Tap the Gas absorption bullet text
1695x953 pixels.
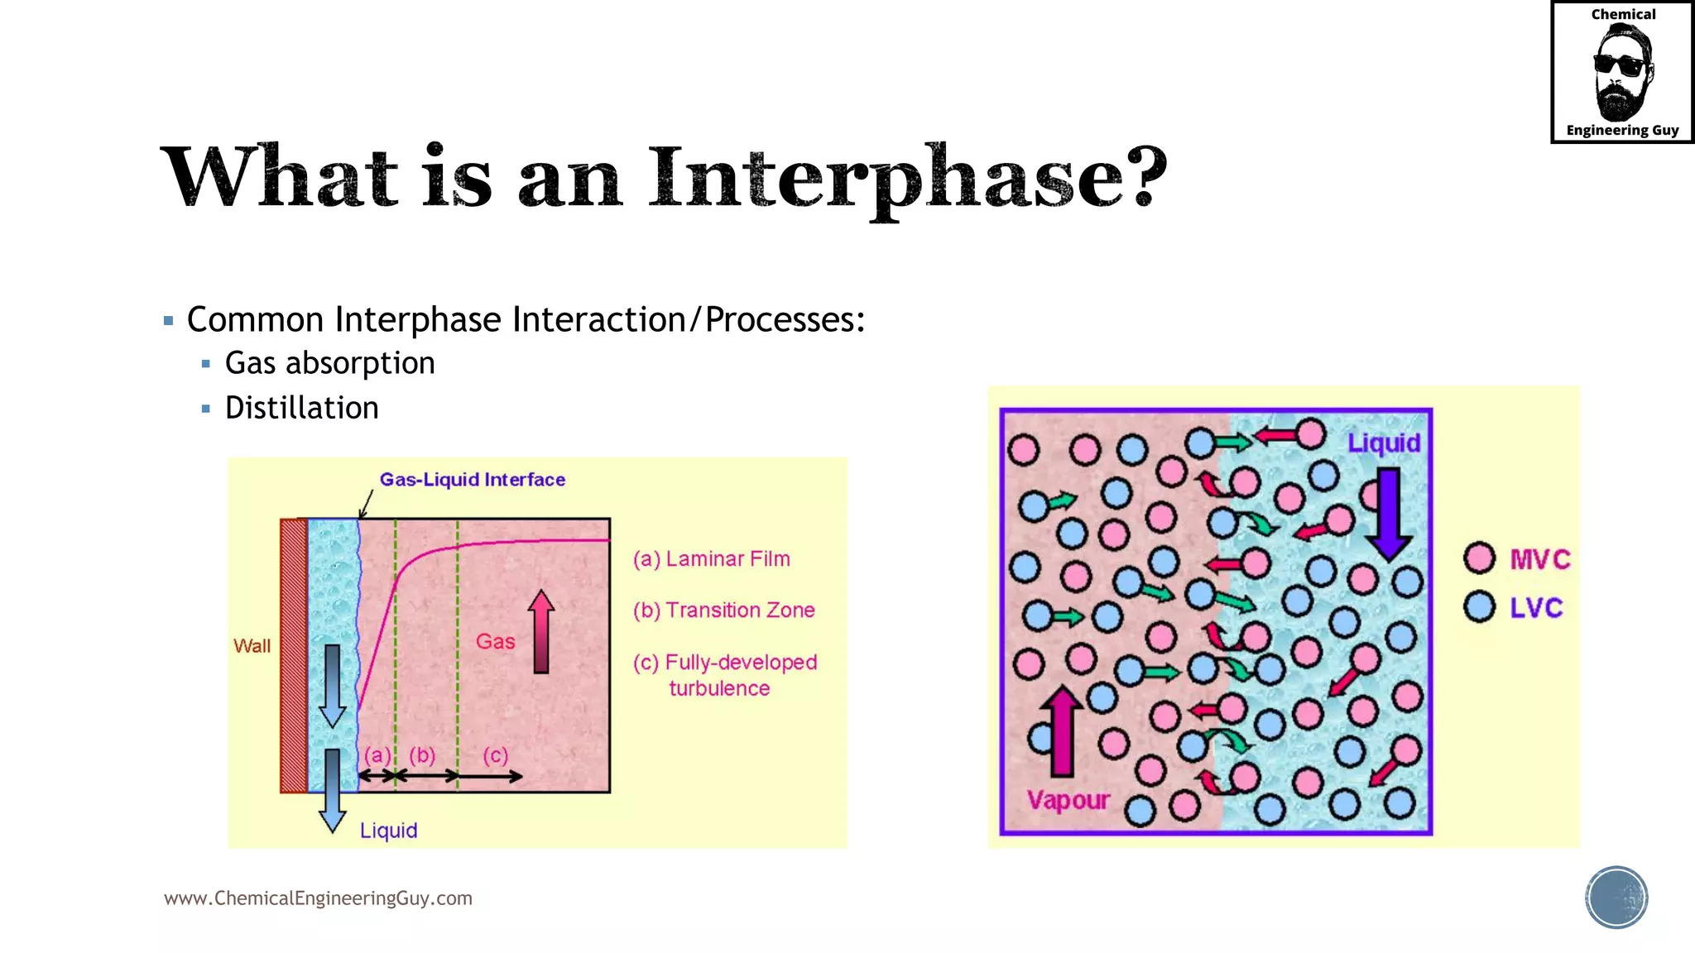329,363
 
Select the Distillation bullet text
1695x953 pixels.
301,408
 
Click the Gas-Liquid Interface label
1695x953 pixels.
472,480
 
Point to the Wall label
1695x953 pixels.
252,646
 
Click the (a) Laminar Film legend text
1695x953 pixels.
711,559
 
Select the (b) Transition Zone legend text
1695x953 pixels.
723,611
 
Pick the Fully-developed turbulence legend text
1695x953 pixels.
724,675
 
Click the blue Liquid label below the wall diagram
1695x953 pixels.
388,831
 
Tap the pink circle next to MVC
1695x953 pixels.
1479,558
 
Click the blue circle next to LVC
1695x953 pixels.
1479,606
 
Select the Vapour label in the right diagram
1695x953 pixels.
1068,800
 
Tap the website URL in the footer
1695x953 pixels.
318,898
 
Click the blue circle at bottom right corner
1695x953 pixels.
1616,898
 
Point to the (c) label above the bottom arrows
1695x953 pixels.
496,755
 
